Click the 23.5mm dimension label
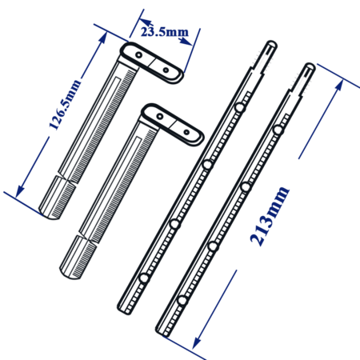pyautogui.click(x=165, y=32)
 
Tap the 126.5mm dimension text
pyautogui.click(x=65, y=105)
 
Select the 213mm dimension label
pyautogui.click(x=270, y=216)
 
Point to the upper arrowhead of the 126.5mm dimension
pyautogui.click(x=102, y=38)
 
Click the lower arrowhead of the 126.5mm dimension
pyautogui.click(x=20, y=191)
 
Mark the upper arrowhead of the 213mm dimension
pyautogui.click(x=339, y=86)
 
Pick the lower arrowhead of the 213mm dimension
pyautogui.click(x=197, y=342)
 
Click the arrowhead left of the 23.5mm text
pyautogui.click(x=146, y=22)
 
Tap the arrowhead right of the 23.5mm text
pyautogui.click(x=186, y=42)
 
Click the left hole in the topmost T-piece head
pyautogui.click(x=138, y=55)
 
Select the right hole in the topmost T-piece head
pyautogui.click(x=166, y=70)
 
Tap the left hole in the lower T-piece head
pyautogui.click(x=160, y=117)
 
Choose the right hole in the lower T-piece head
pyautogui.click(x=186, y=132)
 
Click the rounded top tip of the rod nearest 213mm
pyautogui.click(x=310, y=66)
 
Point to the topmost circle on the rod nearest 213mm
pyautogui.click(x=278, y=130)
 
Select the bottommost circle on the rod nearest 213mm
pyautogui.click(x=182, y=301)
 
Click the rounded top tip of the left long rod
pyautogui.click(x=272, y=45)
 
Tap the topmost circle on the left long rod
pyautogui.click(x=240, y=108)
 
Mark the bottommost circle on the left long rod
pyautogui.click(x=144, y=278)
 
